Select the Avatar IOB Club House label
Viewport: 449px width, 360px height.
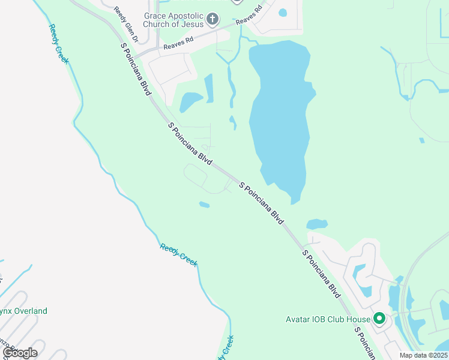click(327, 319)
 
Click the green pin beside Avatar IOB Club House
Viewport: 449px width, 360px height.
click(379, 318)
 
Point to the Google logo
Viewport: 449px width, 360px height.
click(19, 353)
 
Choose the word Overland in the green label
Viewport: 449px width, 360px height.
click(31, 311)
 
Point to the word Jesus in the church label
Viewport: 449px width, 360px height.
click(190, 25)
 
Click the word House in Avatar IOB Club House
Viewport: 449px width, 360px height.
click(358, 319)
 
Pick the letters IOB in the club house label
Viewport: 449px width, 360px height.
click(321, 319)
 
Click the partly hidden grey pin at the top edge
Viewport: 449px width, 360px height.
click(237, 2)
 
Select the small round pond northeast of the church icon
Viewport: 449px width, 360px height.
click(283, 12)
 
